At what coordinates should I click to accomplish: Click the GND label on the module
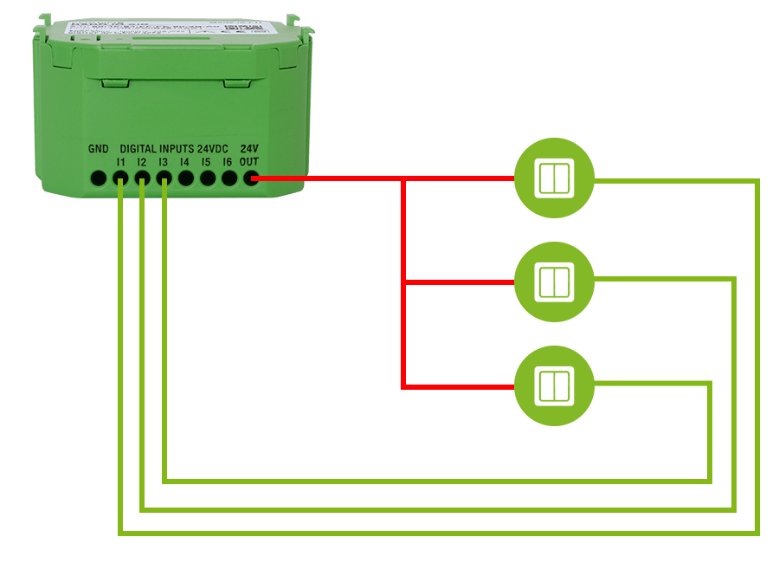coord(99,149)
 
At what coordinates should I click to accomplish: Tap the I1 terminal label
coord(120,161)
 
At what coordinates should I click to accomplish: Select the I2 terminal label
coord(142,161)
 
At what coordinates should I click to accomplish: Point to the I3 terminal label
coord(164,161)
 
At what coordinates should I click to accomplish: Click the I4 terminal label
coord(184,161)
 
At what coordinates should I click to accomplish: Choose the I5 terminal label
coord(206,161)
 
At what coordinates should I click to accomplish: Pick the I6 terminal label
coord(228,161)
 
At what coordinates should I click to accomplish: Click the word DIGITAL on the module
coord(138,149)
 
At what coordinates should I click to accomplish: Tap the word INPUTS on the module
coord(177,149)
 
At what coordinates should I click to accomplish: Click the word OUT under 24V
coord(249,161)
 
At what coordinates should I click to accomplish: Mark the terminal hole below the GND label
coord(99,179)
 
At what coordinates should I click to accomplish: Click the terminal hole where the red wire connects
coord(251,179)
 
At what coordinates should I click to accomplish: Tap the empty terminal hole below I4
coord(185,179)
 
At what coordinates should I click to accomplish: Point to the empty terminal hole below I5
coord(208,179)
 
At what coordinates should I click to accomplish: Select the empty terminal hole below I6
coord(229,179)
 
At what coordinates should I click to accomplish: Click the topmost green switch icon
coord(554,178)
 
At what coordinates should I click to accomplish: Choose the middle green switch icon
coord(554,282)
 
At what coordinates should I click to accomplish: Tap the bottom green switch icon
coord(554,386)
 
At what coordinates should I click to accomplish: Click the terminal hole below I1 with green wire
coord(120,179)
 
